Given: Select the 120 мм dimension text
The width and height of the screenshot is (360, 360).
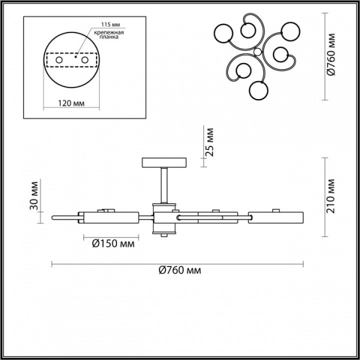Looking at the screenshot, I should point(71,103).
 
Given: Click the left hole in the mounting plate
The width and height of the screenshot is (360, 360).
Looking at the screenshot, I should point(58,60).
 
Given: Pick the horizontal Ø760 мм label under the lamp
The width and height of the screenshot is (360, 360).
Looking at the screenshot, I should point(180,271).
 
